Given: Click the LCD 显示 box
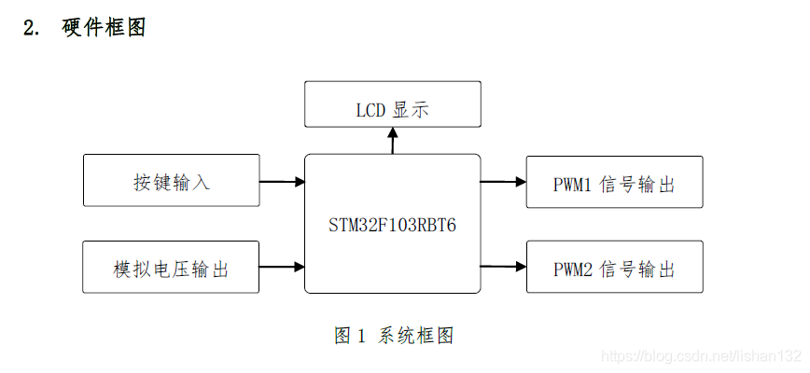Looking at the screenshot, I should click(x=393, y=104).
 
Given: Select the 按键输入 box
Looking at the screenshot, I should click(x=172, y=181).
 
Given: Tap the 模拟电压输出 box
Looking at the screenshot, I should click(x=172, y=268).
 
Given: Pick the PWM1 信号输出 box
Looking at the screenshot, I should click(x=614, y=182).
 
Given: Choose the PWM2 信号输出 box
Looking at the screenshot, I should click(x=614, y=268).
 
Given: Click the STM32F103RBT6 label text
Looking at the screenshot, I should click(x=392, y=226).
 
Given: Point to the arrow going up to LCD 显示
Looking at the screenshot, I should click(x=393, y=141).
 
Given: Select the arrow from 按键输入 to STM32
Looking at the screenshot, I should click(x=282, y=181).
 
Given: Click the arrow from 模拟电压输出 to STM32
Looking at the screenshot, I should click(x=282, y=268).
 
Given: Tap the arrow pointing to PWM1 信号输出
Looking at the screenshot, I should click(x=504, y=182).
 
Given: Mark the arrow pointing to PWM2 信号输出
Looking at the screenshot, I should click(x=504, y=268).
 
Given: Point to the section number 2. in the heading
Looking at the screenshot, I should click(x=32, y=28).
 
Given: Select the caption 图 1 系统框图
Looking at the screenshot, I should click(x=394, y=336).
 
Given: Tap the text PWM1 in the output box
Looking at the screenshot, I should click(x=573, y=184).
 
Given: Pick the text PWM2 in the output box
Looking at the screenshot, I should click(x=573, y=269).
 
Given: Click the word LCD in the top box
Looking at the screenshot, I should click(x=370, y=110).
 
